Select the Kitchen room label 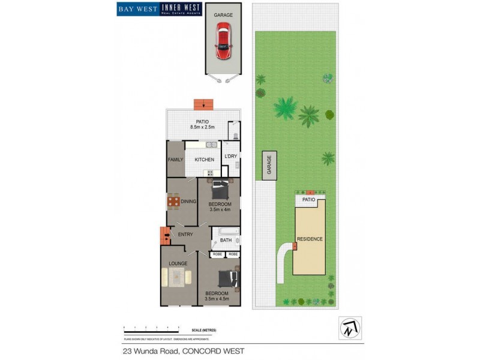click(204, 160)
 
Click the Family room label click(175, 160)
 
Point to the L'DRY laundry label click(230, 157)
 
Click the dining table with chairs click(173, 202)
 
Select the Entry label click(185, 234)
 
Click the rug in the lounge click(176, 277)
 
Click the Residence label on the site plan click(310, 239)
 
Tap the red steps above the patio click(205, 104)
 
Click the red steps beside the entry click(165, 235)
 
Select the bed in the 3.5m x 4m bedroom click(220, 191)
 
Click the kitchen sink click(211, 145)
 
